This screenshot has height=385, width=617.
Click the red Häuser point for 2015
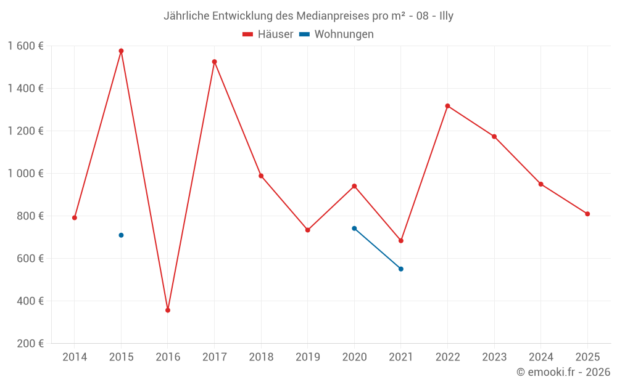[121, 51]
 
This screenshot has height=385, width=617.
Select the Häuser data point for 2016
[168, 310]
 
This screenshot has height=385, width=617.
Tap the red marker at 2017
[214, 62]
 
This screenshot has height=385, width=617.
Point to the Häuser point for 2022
[447, 106]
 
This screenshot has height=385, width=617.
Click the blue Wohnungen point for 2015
[121, 235]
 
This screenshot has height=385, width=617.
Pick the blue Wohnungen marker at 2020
[354, 229]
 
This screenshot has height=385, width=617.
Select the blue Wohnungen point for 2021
[401, 269]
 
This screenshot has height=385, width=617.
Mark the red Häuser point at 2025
[587, 214]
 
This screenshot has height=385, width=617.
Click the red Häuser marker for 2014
[75, 217]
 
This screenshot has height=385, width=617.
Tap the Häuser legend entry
[268, 34]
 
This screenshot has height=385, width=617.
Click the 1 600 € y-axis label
[25, 46]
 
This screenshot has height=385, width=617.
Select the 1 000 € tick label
[25, 173]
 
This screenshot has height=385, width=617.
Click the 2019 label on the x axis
[308, 357]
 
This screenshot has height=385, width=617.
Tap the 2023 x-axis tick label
[494, 357]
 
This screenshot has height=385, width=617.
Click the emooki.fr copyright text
[563, 372]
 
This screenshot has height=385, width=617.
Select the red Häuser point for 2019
[308, 230]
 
